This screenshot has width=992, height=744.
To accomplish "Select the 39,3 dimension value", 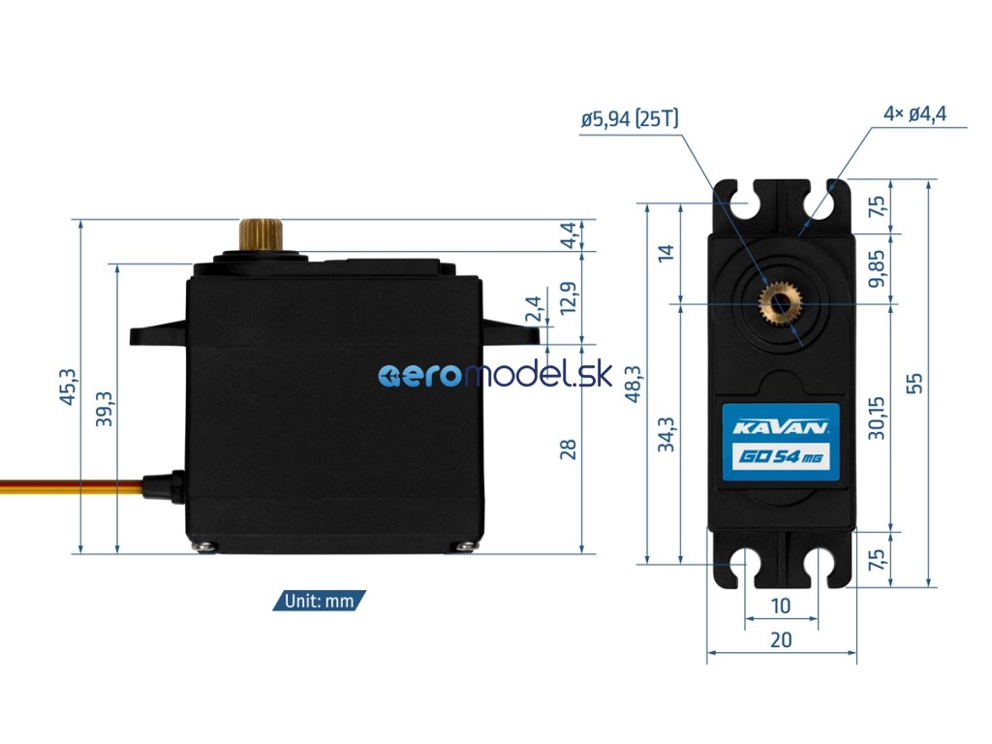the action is [106, 408].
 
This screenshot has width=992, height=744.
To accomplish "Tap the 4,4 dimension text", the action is [570, 234].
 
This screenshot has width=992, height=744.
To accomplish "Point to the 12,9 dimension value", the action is [570, 297].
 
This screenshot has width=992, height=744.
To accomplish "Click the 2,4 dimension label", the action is [534, 310].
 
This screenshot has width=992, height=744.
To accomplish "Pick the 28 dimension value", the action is [569, 449].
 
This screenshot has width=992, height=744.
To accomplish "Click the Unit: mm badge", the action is [320, 601].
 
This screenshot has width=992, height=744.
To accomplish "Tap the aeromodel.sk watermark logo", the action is [494, 376].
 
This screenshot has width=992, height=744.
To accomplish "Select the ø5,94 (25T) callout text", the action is [630, 119].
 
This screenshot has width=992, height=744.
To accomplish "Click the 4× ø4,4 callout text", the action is [914, 113].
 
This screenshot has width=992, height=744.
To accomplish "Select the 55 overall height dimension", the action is [914, 383].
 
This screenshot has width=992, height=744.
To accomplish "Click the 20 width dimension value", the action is [781, 639].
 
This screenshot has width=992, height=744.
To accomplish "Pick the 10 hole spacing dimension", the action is [781, 606].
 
